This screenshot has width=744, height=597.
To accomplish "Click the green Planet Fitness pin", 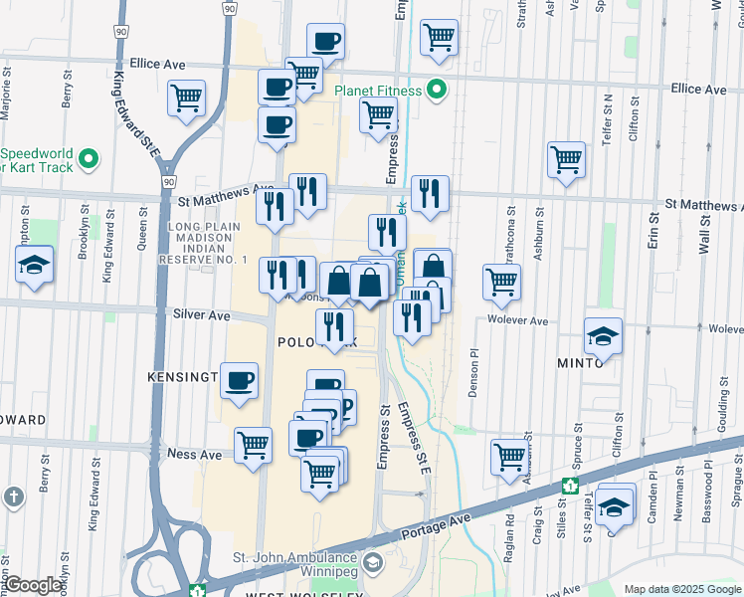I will coord(436,91).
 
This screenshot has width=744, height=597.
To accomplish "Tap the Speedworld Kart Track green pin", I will coord(89,158).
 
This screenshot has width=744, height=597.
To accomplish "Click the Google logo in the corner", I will coord(34,585).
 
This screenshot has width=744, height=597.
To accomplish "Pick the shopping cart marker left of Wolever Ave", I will coord(502,283).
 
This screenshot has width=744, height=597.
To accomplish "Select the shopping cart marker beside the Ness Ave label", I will coord(255,446).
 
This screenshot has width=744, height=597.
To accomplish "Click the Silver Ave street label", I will coord(201,315).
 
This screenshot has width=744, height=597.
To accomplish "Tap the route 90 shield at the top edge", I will coord(229,7).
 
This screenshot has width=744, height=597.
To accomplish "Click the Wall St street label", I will coord(703,233).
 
